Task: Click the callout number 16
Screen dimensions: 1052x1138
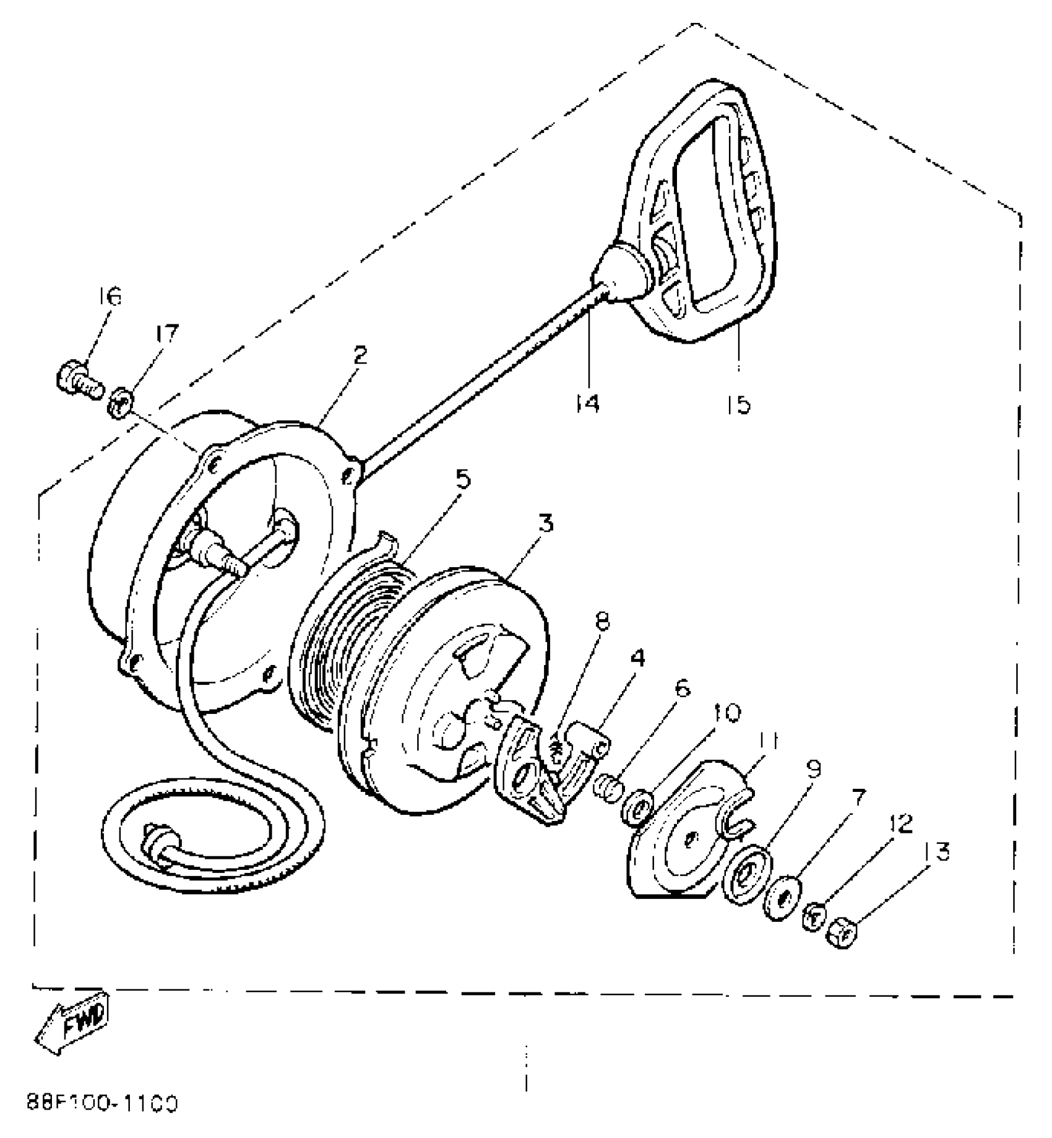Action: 110,295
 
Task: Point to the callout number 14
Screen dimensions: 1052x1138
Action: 585,404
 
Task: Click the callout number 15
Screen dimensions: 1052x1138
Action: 739,404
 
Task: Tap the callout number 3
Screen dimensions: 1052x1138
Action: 545,524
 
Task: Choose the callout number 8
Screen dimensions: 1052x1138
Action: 602,621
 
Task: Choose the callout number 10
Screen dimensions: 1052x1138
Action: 725,713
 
